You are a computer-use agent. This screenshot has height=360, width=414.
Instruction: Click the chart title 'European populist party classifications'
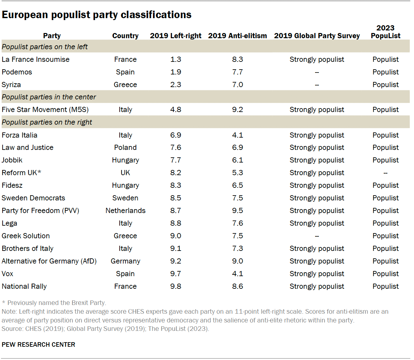pyautogui.click(x=96, y=15)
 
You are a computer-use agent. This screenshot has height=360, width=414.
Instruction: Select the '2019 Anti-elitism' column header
pyautogui.click(x=237, y=36)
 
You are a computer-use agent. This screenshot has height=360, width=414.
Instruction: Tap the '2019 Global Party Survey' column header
pyautogui.click(x=317, y=36)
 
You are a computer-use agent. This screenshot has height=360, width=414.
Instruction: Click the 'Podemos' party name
pyautogui.click(x=17, y=72)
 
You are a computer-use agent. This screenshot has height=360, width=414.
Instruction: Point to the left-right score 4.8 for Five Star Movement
pyautogui.click(x=176, y=109)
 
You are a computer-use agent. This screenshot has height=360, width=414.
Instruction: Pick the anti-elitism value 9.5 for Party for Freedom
pyautogui.click(x=237, y=210)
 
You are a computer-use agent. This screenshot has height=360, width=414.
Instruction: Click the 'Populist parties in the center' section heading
pyautogui.click(x=49, y=97)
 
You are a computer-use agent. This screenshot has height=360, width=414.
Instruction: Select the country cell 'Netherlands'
pyautogui.click(x=125, y=210)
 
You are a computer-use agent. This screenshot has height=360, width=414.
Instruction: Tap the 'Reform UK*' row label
pyautogui.click(x=21, y=173)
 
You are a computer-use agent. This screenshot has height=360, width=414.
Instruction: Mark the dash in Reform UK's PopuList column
pyautogui.click(x=385, y=173)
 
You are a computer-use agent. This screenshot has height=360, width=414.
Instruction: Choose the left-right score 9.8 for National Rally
pyautogui.click(x=176, y=286)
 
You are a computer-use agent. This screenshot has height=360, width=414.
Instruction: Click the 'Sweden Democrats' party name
pyautogui.click(x=33, y=198)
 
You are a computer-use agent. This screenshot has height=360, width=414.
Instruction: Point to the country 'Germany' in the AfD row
pyautogui.click(x=125, y=261)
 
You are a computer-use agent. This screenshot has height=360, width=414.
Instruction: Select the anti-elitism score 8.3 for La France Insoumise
pyautogui.click(x=237, y=59)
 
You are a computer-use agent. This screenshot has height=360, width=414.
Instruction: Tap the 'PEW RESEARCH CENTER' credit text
pyautogui.click(x=38, y=344)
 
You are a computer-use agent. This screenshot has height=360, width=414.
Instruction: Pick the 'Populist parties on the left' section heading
pyautogui.click(x=45, y=47)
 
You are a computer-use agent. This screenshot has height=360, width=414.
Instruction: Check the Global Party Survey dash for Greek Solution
pyautogui.click(x=317, y=236)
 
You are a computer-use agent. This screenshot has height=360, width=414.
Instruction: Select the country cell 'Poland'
pyautogui.click(x=125, y=147)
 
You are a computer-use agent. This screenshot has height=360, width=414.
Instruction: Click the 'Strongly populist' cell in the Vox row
pyautogui.click(x=317, y=274)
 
